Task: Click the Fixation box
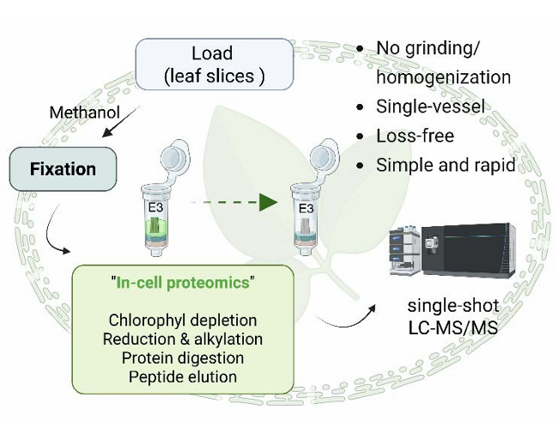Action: click(x=63, y=169)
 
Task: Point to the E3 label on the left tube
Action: click(x=153, y=205)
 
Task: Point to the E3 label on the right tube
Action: click(x=306, y=205)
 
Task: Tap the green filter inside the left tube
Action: click(x=154, y=226)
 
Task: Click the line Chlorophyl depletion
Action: click(x=183, y=321)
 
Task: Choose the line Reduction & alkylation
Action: click(x=183, y=339)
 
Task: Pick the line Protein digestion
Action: click(x=183, y=358)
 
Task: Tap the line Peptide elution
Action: click(x=183, y=376)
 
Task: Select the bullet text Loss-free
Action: click(x=415, y=136)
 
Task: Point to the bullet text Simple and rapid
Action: click(x=446, y=165)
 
